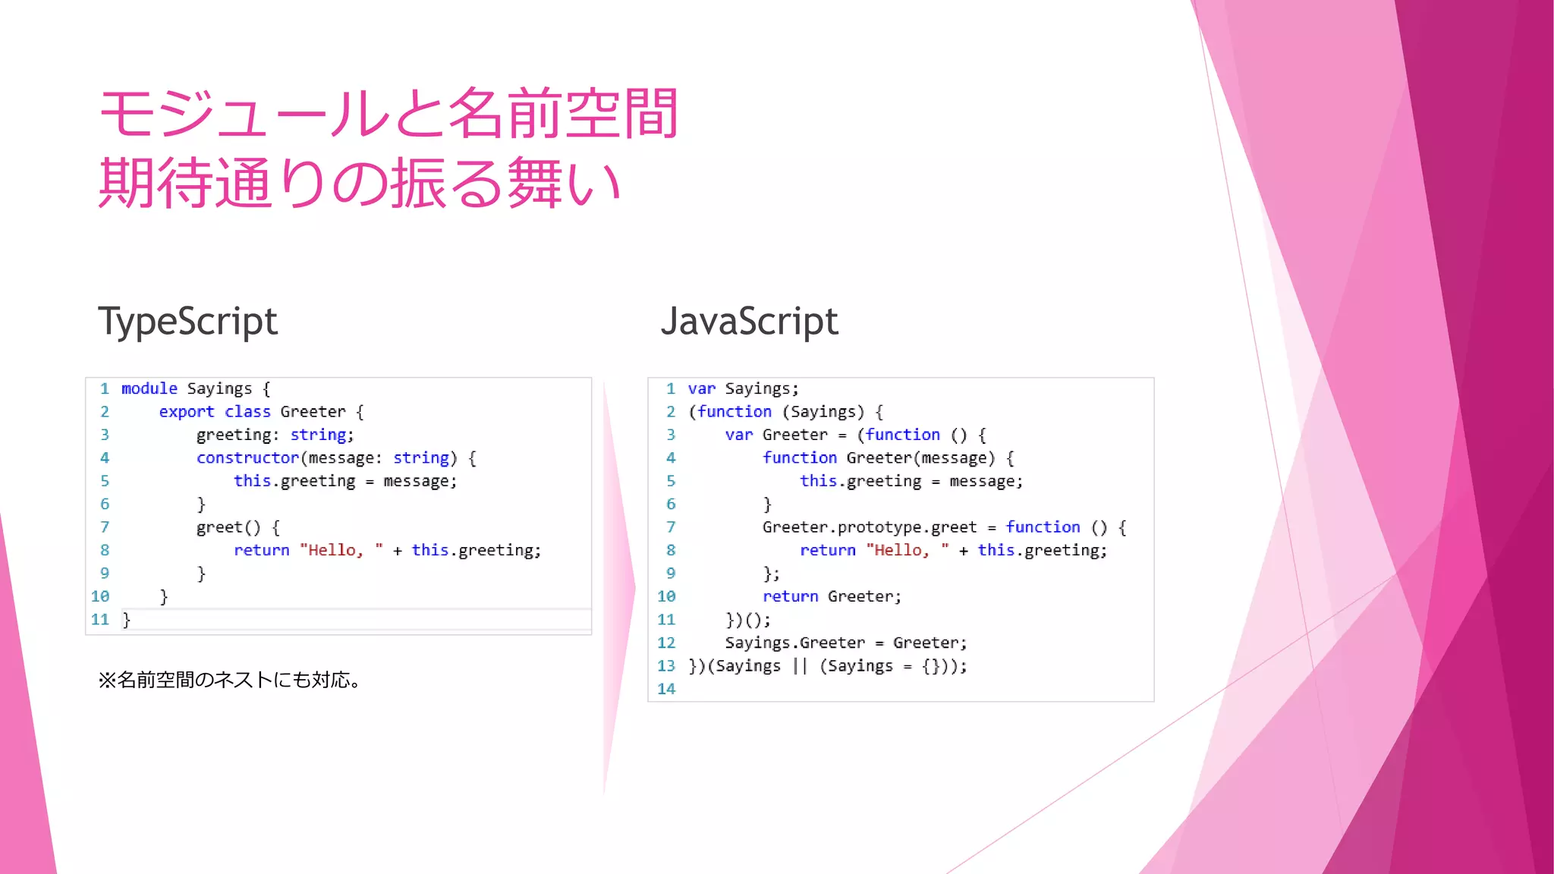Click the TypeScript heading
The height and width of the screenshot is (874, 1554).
[x=187, y=322]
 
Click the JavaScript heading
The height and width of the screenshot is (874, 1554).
[x=749, y=322]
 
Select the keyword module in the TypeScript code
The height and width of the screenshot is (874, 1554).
[x=149, y=388]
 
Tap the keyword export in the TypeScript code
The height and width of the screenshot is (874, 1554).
[x=186, y=412]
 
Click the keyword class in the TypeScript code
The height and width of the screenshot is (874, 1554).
[x=247, y=412]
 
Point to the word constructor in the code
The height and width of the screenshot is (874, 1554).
[x=247, y=458]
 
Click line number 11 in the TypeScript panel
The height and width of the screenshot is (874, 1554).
[x=100, y=620]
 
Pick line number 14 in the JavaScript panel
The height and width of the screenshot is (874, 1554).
[x=666, y=689]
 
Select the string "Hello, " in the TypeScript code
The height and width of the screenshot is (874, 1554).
[x=341, y=550]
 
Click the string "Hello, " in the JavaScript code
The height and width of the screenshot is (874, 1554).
[x=907, y=550]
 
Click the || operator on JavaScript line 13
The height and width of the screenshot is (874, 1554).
[x=800, y=666]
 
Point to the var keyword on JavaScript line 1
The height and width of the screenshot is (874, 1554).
[x=701, y=388]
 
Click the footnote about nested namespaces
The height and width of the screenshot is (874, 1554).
[x=229, y=680]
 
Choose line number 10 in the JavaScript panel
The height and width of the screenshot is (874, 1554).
[x=666, y=596]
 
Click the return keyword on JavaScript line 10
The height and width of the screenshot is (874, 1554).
[x=790, y=596]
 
